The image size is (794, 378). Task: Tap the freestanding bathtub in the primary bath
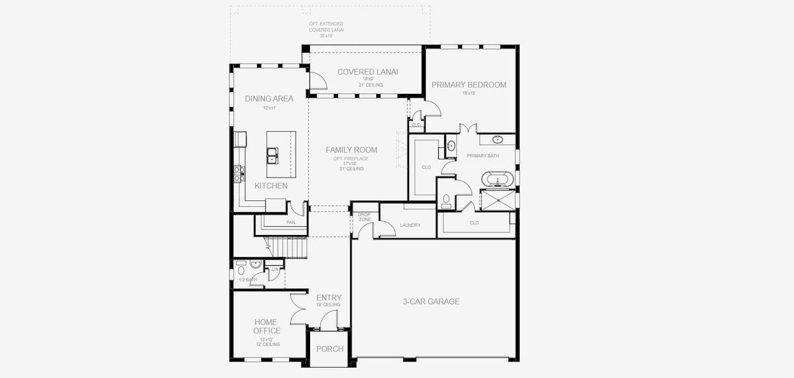(498, 179)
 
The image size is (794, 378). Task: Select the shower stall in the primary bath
(497, 200)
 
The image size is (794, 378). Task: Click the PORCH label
(330, 349)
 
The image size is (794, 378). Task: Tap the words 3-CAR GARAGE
(431, 302)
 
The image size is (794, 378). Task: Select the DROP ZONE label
(364, 217)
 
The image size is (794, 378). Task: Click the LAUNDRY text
(410, 225)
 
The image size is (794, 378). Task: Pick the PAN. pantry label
(291, 222)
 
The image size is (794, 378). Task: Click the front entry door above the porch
(328, 322)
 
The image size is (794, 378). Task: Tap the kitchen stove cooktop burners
(239, 173)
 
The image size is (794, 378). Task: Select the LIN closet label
(275, 269)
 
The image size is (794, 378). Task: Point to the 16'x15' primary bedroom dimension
(468, 93)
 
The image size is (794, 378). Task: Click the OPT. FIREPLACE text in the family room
(351, 159)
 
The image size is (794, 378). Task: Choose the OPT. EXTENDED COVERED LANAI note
(326, 30)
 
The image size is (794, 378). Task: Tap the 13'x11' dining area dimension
(269, 108)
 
